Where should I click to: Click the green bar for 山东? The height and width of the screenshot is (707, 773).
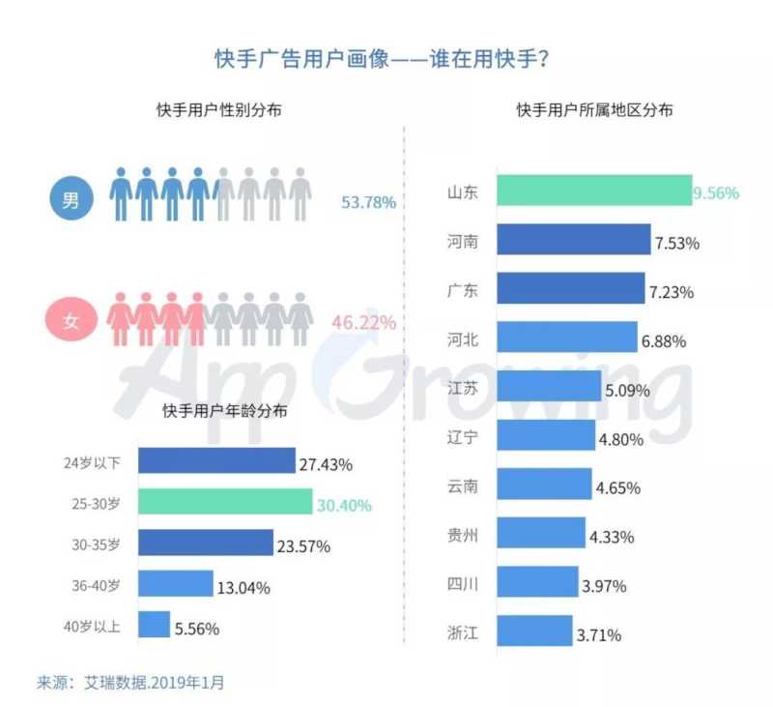coord(593,191)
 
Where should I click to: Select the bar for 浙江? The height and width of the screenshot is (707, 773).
coord(534,633)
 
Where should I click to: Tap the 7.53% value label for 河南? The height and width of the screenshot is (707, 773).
coord(677,241)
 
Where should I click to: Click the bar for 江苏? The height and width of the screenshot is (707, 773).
coord(549,388)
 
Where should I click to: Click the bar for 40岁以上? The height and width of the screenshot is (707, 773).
coord(154,627)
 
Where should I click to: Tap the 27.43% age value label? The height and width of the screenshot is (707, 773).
coord(326,463)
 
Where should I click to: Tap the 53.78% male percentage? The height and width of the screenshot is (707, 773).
coord(368,203)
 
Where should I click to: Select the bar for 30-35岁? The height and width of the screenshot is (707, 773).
coord(205,544)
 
